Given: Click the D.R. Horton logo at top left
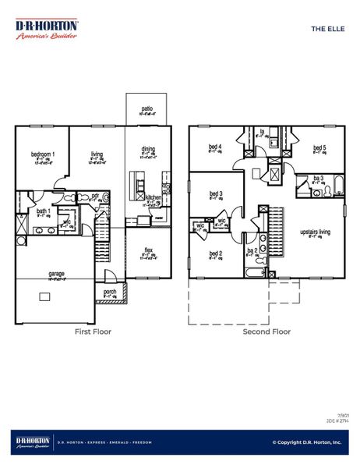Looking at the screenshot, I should point(46,29).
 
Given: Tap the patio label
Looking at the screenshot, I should point(146,108).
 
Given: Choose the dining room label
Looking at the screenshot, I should point(148,149).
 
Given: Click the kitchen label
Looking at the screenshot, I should point(154,198).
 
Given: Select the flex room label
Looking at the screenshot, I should point(148,250).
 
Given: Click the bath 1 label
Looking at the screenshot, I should point(43,211).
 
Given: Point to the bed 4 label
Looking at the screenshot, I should point(215,147).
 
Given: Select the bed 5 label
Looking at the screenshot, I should point(319,147).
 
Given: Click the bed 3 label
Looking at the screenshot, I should point(216,193).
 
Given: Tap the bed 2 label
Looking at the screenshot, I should point(216,253).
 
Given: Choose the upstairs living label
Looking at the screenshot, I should point(315,232).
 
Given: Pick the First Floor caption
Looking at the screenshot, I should point(93,331).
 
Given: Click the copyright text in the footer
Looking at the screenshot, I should point(306,442).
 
